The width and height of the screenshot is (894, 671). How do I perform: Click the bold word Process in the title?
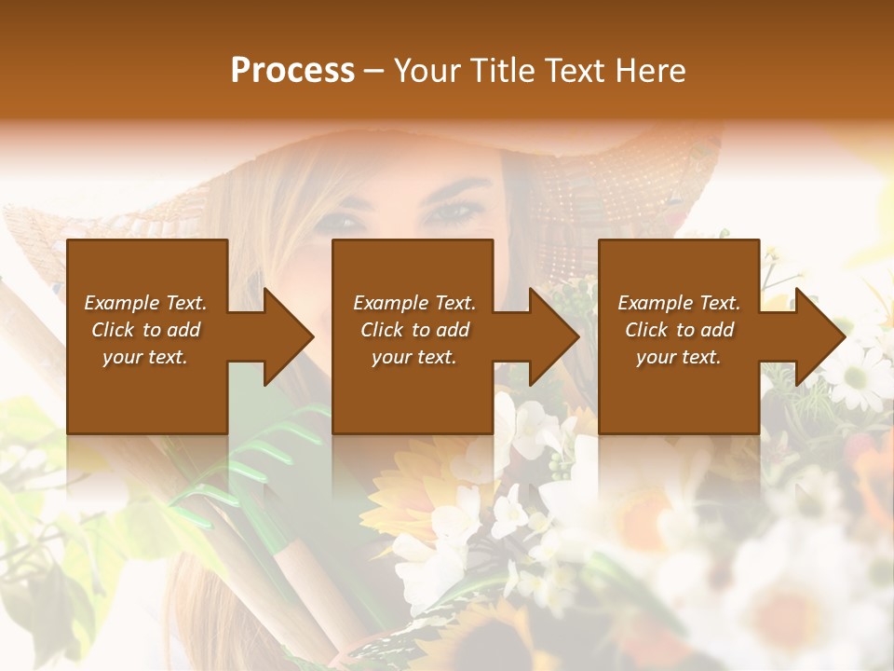click(292, 71)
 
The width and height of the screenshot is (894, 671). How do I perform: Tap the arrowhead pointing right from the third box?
click(819, 336)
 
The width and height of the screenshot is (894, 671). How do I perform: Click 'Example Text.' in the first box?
click(145, 303)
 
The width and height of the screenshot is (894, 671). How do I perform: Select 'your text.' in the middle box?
click(414, 357)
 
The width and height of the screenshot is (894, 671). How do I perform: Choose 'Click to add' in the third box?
click(679, 330)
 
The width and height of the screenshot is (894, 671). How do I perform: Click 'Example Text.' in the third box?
click(679, 303)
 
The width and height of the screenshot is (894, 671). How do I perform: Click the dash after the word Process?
click(373, 71)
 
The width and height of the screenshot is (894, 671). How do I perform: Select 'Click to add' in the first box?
click(145, 330)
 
